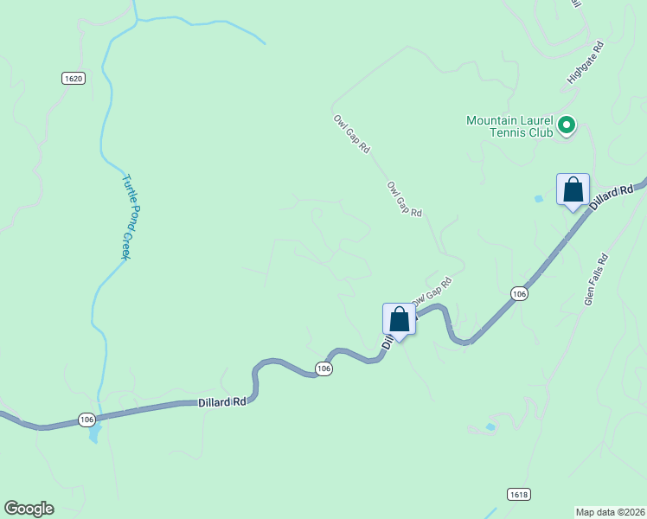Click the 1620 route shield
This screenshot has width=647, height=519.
74,79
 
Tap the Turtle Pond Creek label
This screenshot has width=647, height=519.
128,217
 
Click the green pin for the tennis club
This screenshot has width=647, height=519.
567,126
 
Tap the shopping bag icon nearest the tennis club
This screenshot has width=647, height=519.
573,189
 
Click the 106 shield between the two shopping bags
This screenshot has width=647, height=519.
518,294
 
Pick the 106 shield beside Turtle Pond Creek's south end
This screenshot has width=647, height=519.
86,420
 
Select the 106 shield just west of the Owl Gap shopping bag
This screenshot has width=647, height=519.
323,369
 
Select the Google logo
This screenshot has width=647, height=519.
29,509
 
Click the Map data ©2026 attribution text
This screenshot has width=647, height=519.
610,511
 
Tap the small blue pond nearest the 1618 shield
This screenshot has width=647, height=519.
490,426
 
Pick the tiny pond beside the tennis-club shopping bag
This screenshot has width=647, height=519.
540,199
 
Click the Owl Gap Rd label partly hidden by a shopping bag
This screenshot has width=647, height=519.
432,291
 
